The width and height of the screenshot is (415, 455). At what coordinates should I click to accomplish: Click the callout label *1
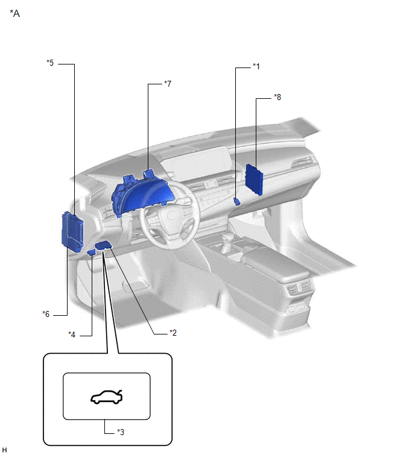pos(256,66)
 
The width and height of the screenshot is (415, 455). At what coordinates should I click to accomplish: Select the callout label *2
pos(173,333)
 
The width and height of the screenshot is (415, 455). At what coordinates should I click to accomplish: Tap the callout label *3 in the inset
pos(121,432)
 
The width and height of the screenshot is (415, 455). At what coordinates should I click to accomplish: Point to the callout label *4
pos(72,334)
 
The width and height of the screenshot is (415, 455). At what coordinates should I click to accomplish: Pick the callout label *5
pos(50,63)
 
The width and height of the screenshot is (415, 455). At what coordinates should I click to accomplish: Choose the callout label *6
pos(46,314)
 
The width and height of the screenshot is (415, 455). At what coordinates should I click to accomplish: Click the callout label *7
pos(168,84)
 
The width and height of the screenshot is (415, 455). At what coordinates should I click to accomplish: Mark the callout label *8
pos(277,97)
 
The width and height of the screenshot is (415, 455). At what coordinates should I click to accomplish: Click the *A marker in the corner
pos(15,13)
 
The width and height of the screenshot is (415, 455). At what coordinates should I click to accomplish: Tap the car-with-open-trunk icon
pos(107,397)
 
